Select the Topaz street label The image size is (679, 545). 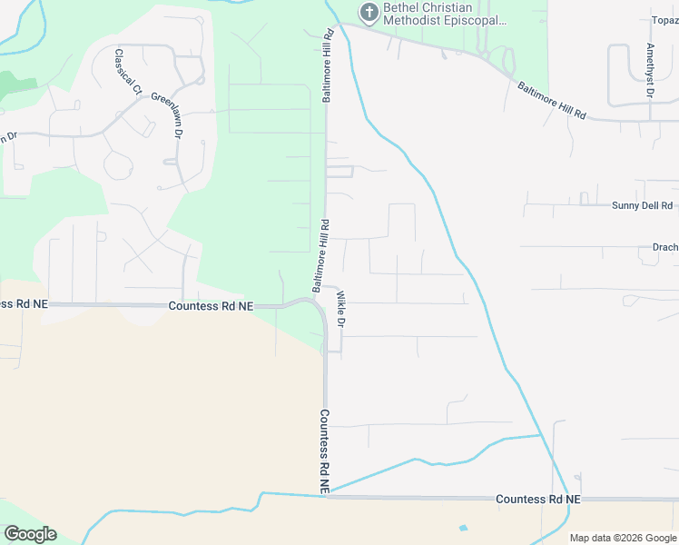(x=664, y=20)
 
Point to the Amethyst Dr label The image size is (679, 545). (x=650, y=69)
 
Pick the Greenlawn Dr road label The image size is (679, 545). (x=167, y=114)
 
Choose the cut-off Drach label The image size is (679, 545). (x=664, y=246)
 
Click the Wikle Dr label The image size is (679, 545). (x=341, y=310)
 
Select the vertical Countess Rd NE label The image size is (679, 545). (x=324, y=451)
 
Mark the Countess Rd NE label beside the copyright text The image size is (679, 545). (x=538, y=500)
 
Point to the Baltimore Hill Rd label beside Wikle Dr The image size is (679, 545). (x=320, y=255)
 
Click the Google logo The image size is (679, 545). (x=29, y=534)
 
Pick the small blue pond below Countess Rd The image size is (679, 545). (x=464, y=528)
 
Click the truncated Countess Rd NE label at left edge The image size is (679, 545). (x=22, y=305)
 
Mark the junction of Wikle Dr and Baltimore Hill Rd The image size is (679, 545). (x=329, y=287)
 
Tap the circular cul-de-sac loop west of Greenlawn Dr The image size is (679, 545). (x=119, y=165)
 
